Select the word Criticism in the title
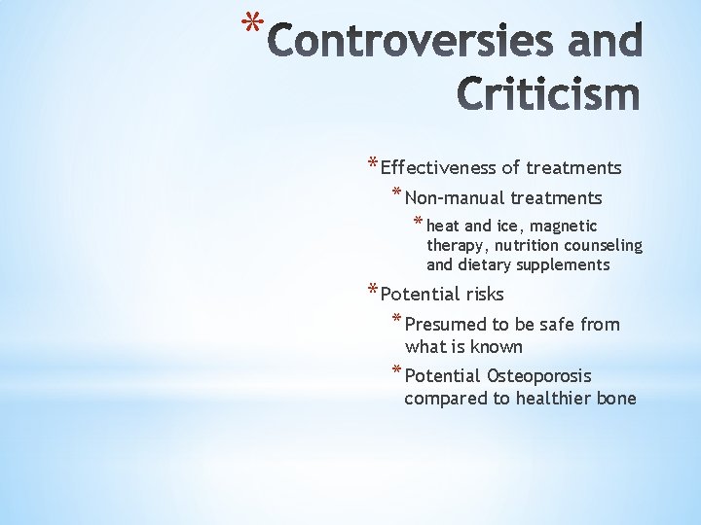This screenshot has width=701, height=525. (549, 94)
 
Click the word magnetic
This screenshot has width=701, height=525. (565, 226)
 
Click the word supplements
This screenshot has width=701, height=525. (564, 265)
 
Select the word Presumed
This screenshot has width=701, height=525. (444, 325)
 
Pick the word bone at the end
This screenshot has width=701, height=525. (616, 399)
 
